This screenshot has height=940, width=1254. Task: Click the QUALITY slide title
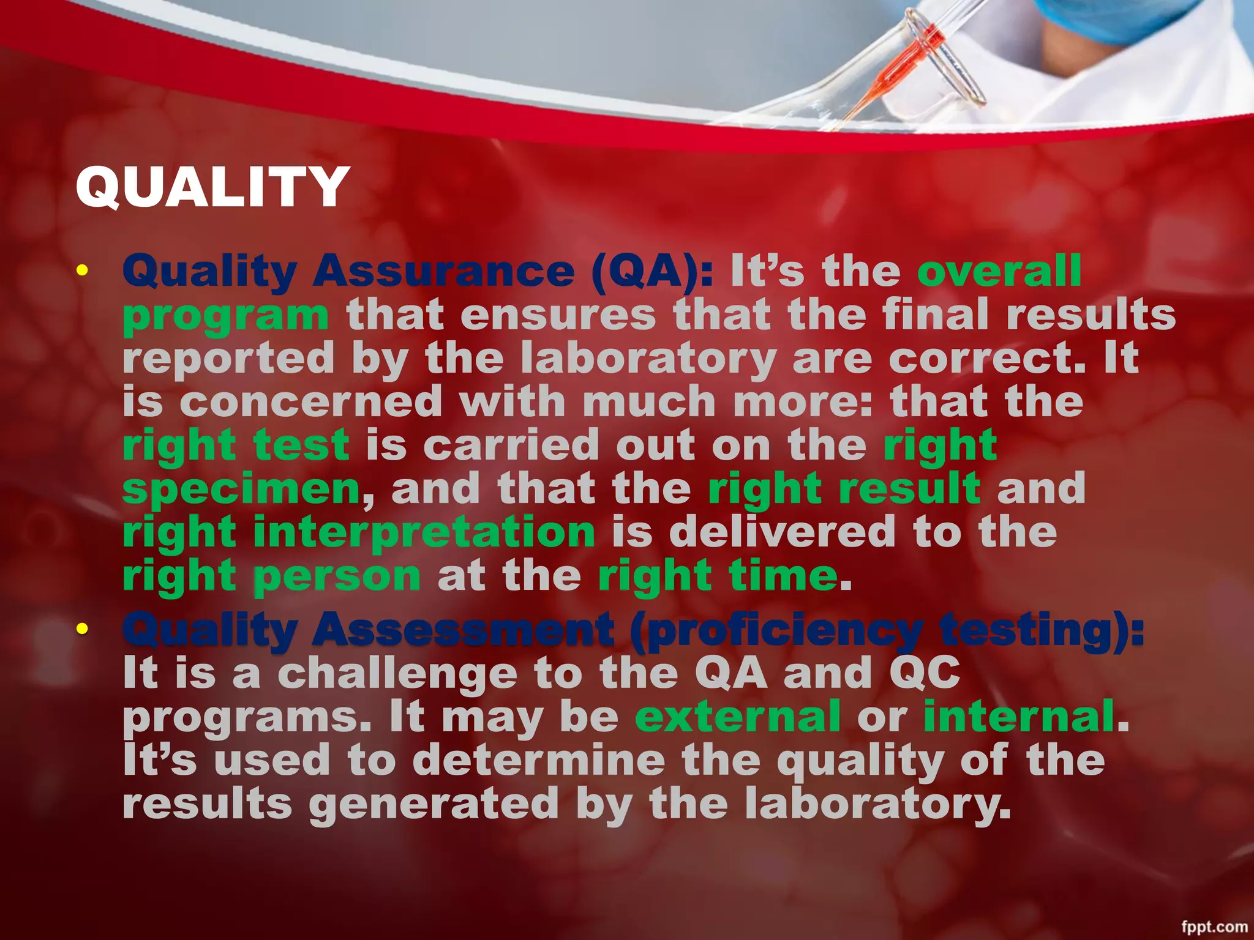click(x=212, y=187)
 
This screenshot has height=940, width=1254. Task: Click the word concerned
click(x=310, y=402)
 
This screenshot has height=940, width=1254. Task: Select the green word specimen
click(x=241, y=490)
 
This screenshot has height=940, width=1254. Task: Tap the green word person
click(x=337, y=576)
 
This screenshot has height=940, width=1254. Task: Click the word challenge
click(x=397, y=673)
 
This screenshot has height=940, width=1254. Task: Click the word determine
click(x=538, y=761)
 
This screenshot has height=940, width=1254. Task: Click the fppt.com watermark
click(x=1214, y=927)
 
